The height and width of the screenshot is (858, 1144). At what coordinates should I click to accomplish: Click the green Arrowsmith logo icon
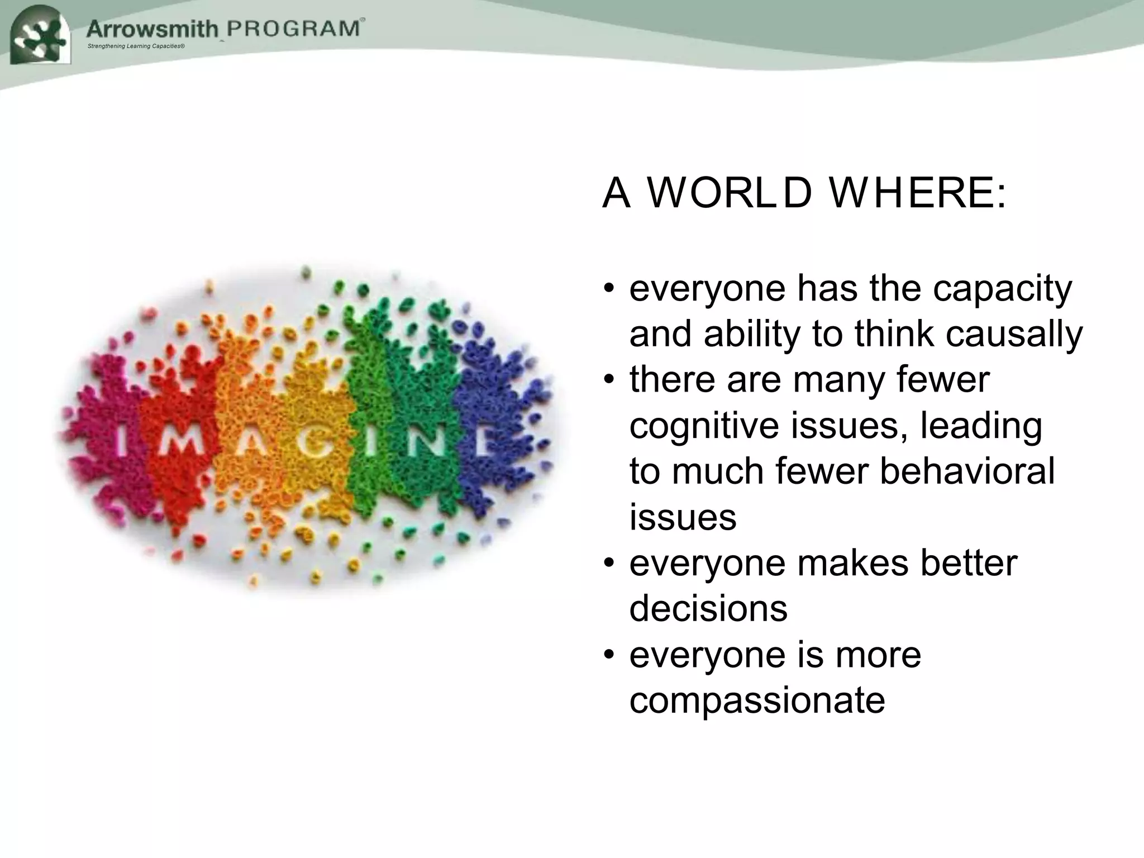(41, 35)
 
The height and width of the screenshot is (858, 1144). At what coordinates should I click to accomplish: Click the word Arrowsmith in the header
(152, 28)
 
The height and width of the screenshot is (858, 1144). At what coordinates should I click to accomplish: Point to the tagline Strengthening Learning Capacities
(136, 46)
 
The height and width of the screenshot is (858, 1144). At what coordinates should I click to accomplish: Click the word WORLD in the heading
(729, 193)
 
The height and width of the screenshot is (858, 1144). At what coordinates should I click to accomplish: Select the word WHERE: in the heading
(917, 193)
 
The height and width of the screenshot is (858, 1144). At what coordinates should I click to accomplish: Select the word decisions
(708, 609)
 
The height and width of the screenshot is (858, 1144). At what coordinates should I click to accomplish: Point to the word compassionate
(757, 700)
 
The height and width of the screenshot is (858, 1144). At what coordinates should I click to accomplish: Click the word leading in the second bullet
(981, 426)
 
